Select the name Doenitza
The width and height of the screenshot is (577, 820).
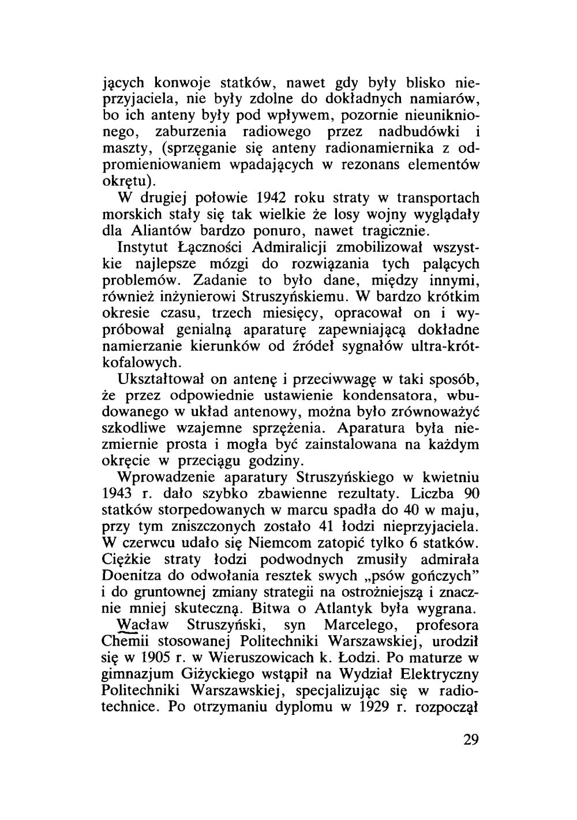(x=135, y=576)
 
